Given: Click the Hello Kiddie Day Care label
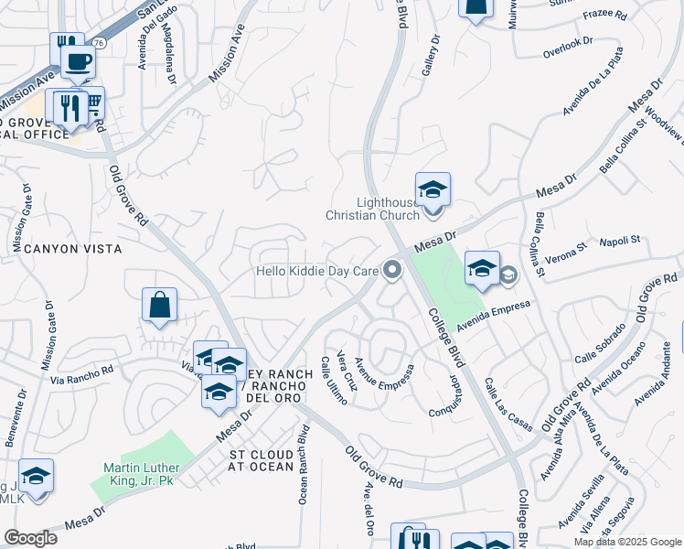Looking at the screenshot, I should (x=316, y=271).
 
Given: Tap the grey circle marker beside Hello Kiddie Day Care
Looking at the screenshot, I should (x=393, y=270).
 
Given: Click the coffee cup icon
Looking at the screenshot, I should (x=78, y=61).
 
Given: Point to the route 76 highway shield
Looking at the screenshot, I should (x=97, y=44).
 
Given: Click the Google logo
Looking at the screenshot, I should (x=30, y=538).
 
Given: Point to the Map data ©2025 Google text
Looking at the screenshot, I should (x=627, y=542).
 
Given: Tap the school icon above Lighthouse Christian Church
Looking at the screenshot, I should (x=433, y=190).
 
